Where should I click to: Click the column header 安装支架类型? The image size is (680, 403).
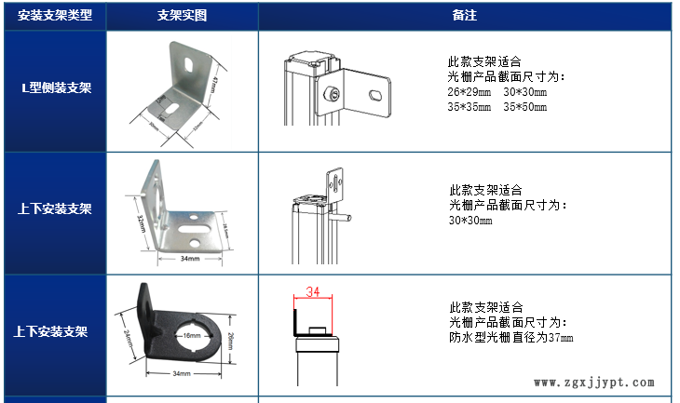coord(54,16)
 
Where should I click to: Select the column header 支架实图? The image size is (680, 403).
coord(182,16)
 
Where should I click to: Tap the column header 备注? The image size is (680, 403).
coord(464,16)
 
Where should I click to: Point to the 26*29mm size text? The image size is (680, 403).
coord(469,93)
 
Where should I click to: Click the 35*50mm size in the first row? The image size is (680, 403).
coord(524,107)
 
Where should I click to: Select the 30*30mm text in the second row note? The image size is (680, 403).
coord(470,221)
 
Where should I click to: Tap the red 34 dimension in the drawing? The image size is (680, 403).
coord(313,292)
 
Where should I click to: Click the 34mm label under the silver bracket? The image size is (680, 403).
coord(189,259)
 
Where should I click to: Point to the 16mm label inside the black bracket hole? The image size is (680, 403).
coord(192,335)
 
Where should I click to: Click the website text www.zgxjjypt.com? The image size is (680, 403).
coord(595,382)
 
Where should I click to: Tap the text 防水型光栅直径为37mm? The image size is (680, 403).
coord(510,337)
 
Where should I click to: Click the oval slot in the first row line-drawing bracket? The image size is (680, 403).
coord(374,95)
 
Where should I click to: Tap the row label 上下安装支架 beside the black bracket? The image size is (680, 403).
coord(54,331)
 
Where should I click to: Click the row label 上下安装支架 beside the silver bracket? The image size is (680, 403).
coord(54,208)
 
